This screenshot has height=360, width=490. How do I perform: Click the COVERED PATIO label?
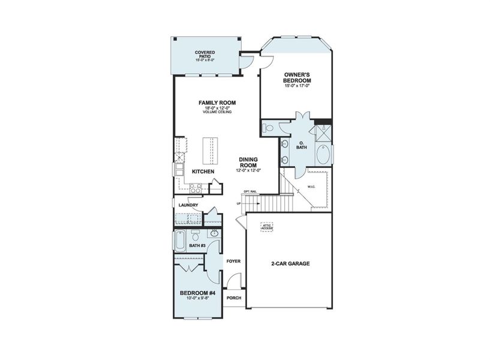(205, 53)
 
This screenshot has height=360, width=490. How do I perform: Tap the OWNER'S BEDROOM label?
(297, 77)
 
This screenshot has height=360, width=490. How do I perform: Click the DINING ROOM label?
(248, 162)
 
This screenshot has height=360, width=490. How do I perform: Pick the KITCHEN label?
(203, 172)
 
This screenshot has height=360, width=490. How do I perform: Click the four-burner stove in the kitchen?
(195, 188)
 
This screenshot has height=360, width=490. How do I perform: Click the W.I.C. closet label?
(311, 186)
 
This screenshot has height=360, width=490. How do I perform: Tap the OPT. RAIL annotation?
(250, 192)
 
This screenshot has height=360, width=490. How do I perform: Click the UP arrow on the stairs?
(239, 203)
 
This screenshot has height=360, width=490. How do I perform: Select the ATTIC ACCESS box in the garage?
(267, 227)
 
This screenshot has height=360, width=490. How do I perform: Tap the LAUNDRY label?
(188, 205)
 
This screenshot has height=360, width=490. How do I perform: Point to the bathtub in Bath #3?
(179, 242)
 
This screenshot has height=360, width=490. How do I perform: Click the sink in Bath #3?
(195, 233)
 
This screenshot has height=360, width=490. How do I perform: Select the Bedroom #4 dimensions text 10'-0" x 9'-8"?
(197, 298)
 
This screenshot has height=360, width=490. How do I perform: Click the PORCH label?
(234, 298)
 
